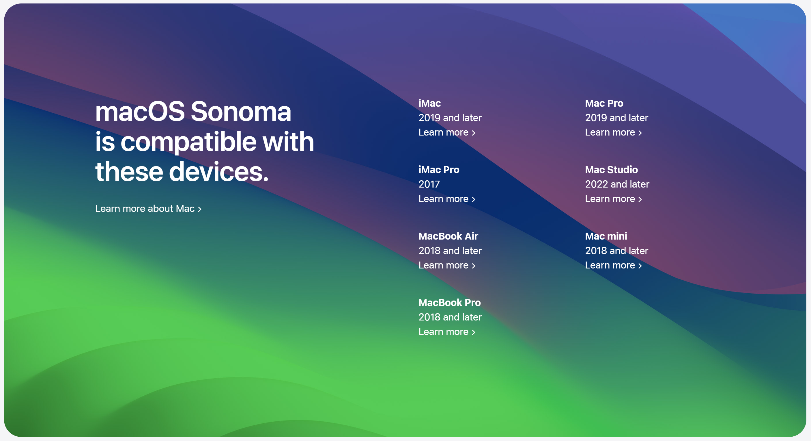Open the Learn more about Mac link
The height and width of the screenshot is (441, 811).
coord(148,209)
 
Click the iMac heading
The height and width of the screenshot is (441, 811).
coord(429,103)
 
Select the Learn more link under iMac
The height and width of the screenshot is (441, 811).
coord(446,132)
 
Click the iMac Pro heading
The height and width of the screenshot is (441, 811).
coord(439,170)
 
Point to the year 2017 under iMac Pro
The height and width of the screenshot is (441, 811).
coord(429,184)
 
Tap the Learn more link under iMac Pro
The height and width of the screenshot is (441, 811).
coord(446,199)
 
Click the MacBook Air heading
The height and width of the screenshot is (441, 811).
coord(448,236)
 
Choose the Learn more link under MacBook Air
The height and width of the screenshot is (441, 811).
coord(446,265)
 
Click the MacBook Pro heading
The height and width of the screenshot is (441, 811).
coord(449,303)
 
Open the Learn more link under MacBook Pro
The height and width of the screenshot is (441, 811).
coord(446,332)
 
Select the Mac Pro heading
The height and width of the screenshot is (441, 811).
coord(604,103)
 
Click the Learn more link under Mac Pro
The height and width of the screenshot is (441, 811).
coord(613,132)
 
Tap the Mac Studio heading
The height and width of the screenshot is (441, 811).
coord(611,170)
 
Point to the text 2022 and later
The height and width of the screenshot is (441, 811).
coord(617,184)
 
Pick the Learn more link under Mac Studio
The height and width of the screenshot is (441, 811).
coord(613,199)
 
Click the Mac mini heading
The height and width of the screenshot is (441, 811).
coord(606,236)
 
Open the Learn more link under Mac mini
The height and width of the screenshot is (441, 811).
coord(613,265)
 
